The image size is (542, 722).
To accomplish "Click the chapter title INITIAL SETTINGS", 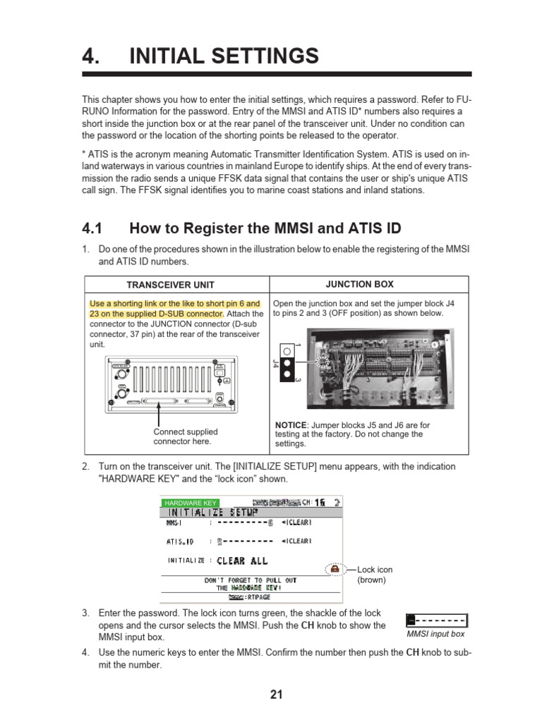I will [x=224, y=56].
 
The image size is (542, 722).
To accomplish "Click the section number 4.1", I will [x=92, y=228].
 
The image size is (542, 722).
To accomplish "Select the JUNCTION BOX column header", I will [x=359, y=284].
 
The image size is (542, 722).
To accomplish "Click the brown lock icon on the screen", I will [x=335, y=568].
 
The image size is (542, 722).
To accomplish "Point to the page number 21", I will [x=276, y=695].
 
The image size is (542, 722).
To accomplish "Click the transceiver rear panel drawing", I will [x=167, y=384].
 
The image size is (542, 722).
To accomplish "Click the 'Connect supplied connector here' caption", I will [x=186, y=436].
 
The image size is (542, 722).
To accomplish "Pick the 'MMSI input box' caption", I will [x=436, y=634].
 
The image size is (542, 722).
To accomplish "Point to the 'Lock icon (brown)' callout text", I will [x=374, y=574].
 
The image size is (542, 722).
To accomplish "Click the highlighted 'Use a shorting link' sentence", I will [x=174, y=309].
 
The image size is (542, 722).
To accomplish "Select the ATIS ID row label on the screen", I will [x=180, y=541].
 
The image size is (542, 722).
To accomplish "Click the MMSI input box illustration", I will [x=437, y=620].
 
